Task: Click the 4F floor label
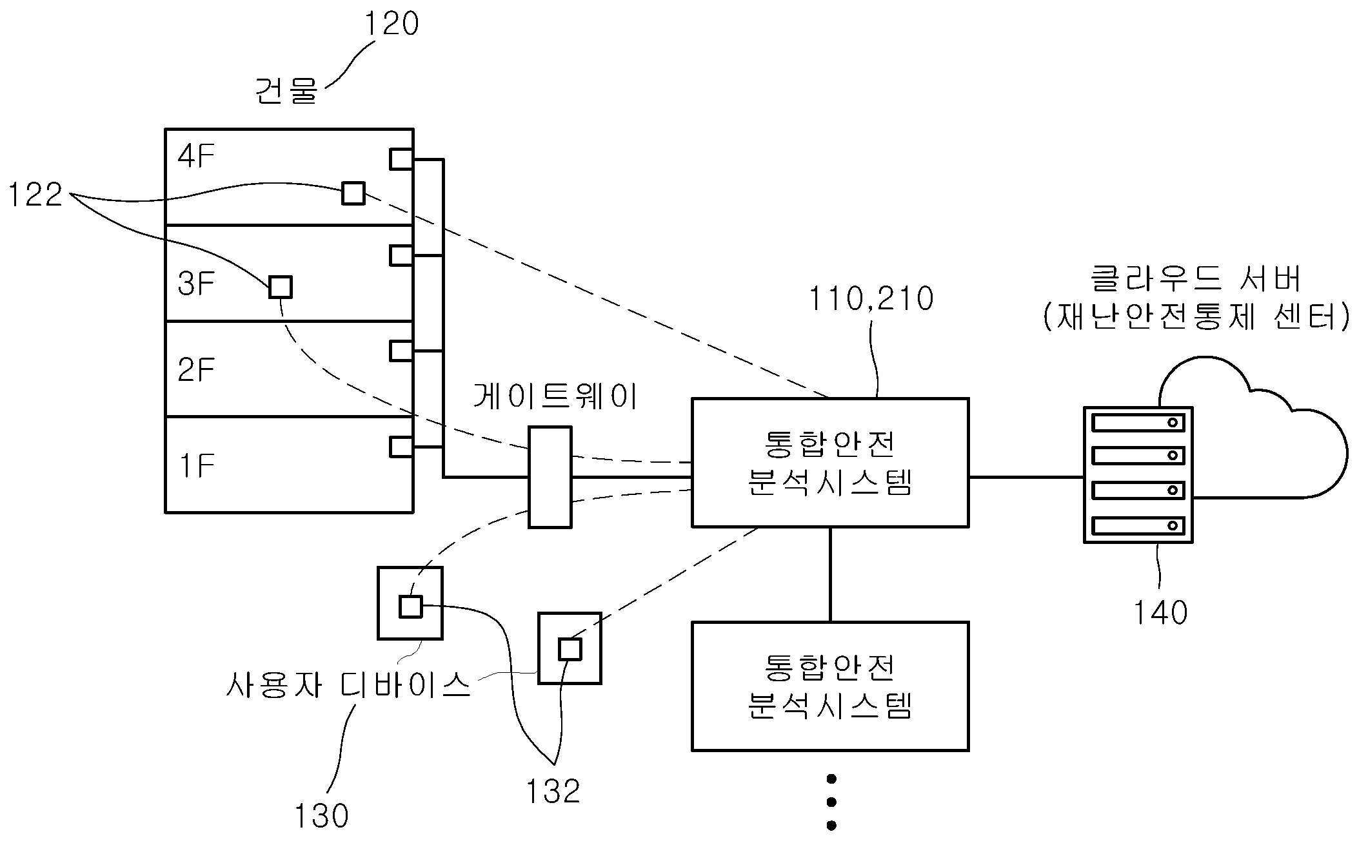click(x=196, y=156)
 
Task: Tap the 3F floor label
click(x=196, y=284)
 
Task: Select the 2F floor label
click(x=196, y=370)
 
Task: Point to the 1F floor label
click(x=196, y=465)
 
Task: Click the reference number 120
click(x=392, y=24)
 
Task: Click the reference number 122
click(x=35, y=195)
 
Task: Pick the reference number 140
click(x=1160, y=612)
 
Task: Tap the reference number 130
click(x=321, y=816)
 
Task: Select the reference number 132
click(x=553, y=791)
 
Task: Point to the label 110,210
click(x=871, y=299)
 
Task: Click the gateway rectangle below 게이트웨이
click(x=550, y=478)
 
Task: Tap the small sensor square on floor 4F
click(x=353, y=193)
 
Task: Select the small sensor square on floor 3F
click(x=281, y=287)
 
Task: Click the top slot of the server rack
click(x=1138, y=423)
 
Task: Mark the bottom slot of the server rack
click(x=1138, y=525)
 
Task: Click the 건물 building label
click(x=287, y=91)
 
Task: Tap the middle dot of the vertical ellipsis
click(x=831, y=802)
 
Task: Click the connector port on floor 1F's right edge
click(x=401, y=447)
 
